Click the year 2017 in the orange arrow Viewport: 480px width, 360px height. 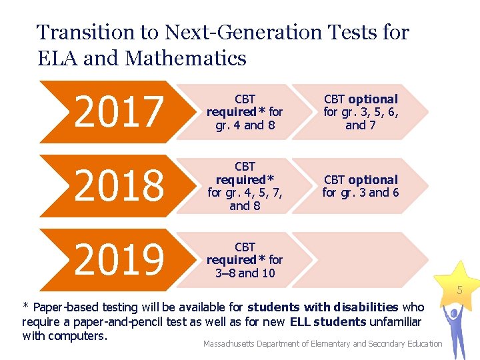coord(119,111)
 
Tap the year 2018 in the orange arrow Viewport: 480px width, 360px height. coord(119,185)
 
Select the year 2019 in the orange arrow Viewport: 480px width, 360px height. coord(119,259)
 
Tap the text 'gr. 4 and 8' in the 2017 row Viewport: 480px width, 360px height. coord(245,125)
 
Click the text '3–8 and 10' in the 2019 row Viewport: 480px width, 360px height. coord(245,273)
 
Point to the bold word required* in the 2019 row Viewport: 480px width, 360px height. coord(235,259)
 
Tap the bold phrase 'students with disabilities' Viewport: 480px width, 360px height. coord(323,307)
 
